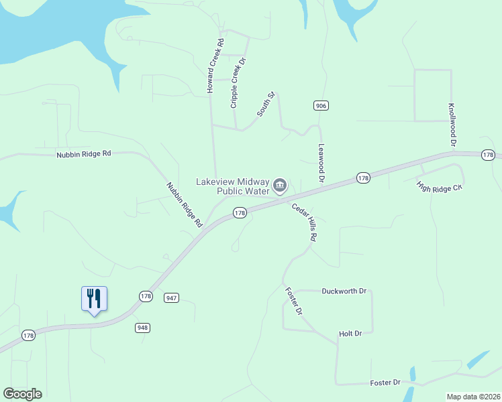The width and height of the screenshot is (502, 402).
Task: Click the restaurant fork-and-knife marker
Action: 94,298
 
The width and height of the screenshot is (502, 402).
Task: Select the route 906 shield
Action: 320,106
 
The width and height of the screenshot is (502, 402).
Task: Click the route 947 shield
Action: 172,297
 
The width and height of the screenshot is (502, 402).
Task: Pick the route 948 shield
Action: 142,328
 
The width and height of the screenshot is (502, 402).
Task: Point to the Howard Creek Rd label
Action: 215,66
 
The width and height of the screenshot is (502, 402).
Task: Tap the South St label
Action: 266,105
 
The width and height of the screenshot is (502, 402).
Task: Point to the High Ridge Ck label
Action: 440,186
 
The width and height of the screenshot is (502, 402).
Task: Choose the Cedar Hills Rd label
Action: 304,222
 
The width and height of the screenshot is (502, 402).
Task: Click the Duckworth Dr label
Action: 344,291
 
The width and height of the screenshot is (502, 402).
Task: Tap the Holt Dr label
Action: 350,333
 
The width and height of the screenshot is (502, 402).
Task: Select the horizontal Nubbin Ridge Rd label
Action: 84,154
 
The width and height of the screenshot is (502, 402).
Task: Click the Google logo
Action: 22,394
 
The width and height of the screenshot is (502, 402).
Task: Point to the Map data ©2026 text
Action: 473,397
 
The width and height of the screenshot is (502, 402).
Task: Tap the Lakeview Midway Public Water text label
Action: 232,186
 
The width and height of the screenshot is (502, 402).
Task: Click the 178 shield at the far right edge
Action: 488,155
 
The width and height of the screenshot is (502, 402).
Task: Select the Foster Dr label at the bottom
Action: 385,383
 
